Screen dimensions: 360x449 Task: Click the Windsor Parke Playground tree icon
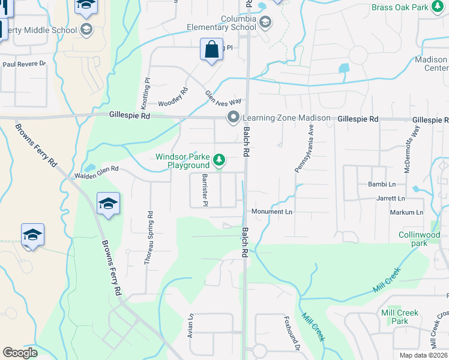[x=220, y=160]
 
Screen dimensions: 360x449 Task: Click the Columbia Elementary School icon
[x=265, y=23]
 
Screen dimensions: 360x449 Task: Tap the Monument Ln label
[x=271, y=212]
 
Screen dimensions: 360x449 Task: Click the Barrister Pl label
[x=205, y=190]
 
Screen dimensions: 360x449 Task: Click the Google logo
[x=20, y=353]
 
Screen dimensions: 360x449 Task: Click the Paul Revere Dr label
[x=24, y=64]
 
